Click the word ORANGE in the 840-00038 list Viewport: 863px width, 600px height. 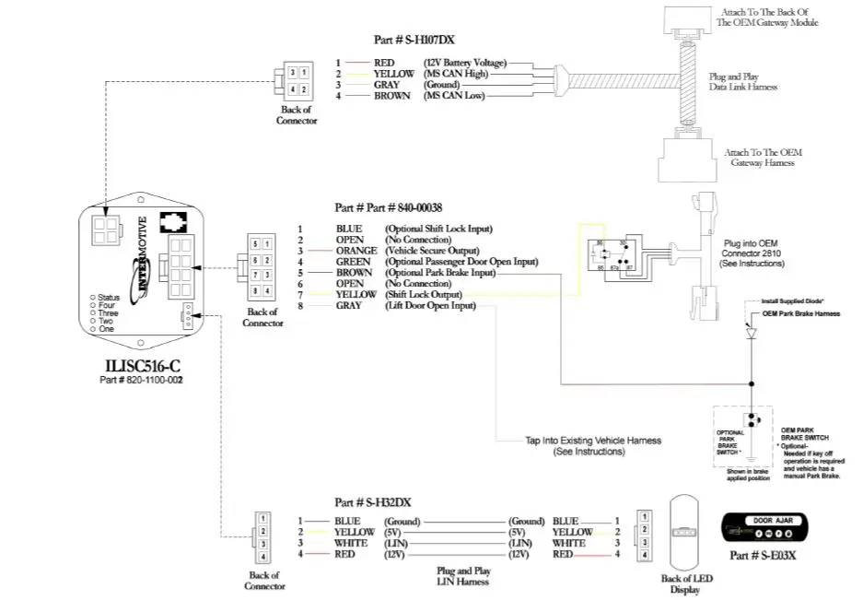tap(356, 251)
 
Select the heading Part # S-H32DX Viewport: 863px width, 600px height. tap(373, 502)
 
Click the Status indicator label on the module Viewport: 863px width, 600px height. tap(109, 298)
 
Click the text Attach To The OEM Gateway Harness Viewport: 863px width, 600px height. tap(762, 157)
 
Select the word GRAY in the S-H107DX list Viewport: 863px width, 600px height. tap(387, 85)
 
